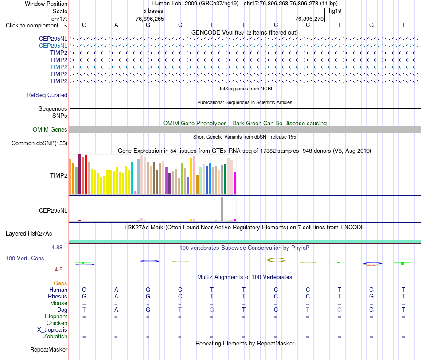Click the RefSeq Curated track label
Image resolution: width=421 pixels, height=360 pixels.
(47, 95)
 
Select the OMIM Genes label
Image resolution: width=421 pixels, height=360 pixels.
(50, 130)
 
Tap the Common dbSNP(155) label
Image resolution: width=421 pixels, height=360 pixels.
(39, 143)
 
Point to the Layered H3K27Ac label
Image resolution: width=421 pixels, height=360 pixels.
(29, 234)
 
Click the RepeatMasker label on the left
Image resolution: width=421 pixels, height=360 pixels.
(49, 349)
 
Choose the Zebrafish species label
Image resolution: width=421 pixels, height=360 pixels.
(55, 337)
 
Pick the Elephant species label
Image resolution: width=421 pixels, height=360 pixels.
(56, 317)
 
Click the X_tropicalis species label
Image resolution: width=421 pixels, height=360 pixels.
(52, 330)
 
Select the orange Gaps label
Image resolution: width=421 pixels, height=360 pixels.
(60, 283)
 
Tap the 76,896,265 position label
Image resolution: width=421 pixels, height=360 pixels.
(150, 19)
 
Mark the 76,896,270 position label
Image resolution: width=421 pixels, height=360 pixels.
(309, 19)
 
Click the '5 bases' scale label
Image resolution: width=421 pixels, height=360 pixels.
(153, 11)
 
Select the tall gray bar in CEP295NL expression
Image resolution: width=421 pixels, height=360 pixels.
(222, 209)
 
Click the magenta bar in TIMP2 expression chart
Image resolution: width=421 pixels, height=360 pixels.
(235, 183)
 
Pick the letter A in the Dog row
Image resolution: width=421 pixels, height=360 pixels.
(116, 310)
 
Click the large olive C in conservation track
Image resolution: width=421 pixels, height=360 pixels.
(276, 260)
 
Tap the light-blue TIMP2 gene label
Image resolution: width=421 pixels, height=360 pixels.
(58, 67)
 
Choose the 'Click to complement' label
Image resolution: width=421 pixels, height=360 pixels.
(36, 26)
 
